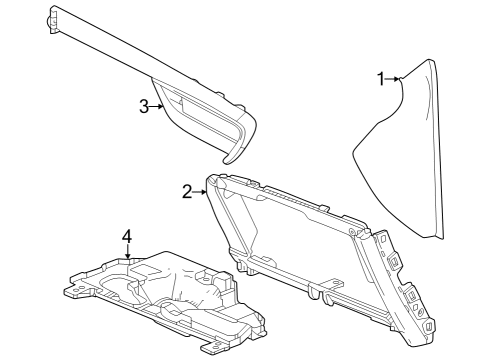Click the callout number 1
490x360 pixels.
381,78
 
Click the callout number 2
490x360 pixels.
187,191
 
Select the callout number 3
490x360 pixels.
144,106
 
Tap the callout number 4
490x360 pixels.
127,237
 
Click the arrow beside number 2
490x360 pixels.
202,191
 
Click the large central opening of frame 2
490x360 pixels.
290,230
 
